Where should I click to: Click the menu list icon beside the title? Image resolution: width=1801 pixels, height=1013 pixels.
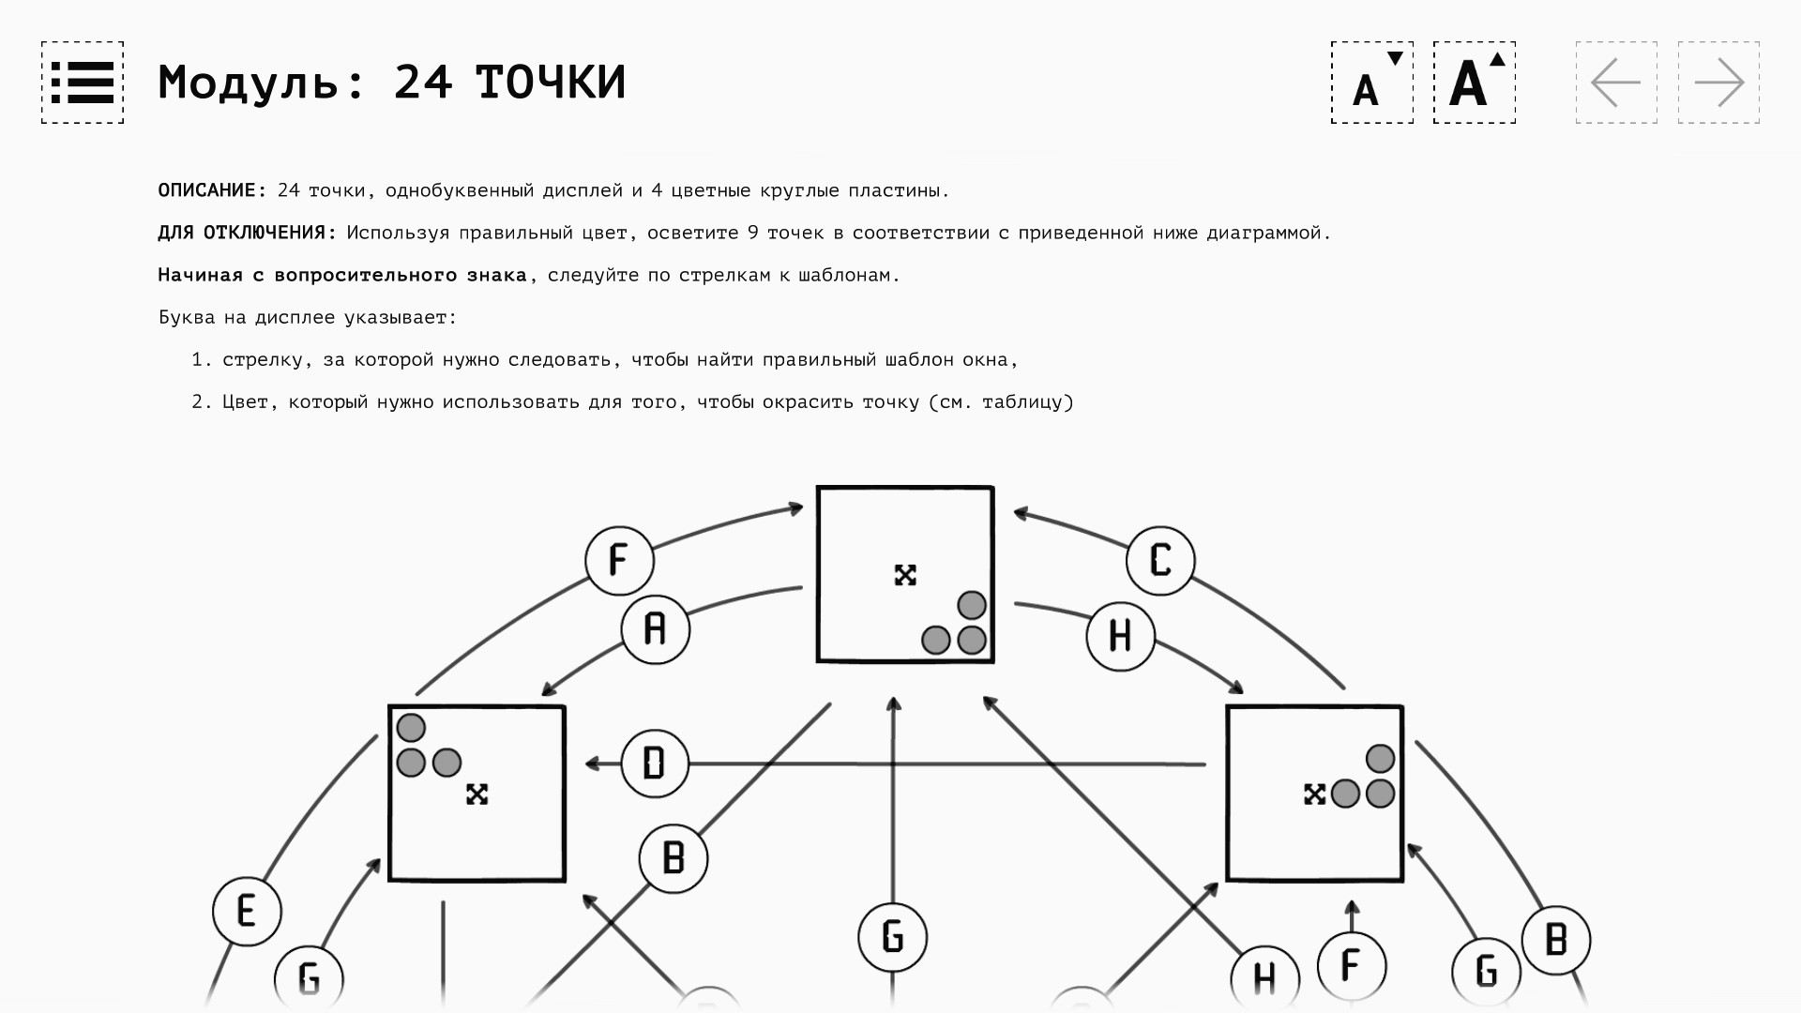(83, 83)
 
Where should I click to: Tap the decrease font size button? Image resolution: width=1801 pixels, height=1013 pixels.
(1371, 83)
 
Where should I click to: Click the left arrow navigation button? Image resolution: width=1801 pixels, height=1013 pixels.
(1616, 83)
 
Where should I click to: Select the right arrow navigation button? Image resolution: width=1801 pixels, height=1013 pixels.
(1718, 83)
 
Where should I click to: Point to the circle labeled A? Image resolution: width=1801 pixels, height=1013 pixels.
(655, 629)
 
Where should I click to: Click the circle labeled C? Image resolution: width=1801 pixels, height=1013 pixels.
(1160, 561)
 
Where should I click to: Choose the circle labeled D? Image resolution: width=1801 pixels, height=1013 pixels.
(654, 764)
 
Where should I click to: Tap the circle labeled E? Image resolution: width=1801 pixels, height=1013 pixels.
(247, 911)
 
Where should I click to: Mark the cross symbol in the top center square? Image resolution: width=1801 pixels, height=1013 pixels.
(905, 575)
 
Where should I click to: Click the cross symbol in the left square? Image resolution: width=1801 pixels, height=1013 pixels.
(477, 794)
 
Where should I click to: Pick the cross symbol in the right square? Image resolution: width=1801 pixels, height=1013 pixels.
(1314, 794)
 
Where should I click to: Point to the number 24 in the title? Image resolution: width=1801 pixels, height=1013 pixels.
(423, 83)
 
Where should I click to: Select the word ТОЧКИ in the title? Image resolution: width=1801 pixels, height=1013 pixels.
(551, 83)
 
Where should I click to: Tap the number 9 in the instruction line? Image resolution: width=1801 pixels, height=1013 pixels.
(753, 233)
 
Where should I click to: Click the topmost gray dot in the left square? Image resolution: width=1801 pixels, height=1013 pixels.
(411, 728)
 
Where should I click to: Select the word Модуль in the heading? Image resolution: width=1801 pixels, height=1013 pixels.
(248, 83)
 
